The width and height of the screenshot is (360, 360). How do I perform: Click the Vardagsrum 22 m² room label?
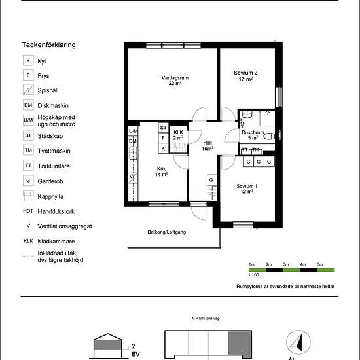point(175,81)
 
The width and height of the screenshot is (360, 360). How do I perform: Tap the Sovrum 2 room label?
point(245,76)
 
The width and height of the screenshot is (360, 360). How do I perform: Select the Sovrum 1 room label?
point(247,189)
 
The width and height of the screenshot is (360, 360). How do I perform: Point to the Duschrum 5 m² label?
point(253,135)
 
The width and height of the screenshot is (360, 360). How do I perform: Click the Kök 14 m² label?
point(161,171)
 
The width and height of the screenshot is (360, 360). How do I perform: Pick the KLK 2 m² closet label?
point(178,135)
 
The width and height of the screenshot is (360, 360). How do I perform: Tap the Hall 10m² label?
point(207,146)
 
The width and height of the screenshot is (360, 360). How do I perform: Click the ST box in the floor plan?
point(163,128)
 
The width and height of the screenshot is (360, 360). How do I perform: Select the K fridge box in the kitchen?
point(163,149)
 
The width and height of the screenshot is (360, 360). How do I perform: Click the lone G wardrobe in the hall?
point(211,180)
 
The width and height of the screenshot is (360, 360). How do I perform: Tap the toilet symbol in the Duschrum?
point(269,137)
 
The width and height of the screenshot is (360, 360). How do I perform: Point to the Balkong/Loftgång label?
point(167,232)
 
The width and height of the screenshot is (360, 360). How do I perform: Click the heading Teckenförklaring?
point(48,45)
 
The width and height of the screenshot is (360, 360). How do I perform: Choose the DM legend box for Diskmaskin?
point(28,105)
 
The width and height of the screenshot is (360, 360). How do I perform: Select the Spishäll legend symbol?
point(28,90)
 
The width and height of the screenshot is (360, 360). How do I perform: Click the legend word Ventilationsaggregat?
point(65,226)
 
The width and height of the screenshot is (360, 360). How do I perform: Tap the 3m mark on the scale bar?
point(286,264)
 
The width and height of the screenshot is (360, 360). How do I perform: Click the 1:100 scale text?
point(253,275)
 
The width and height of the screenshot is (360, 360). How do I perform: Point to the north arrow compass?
point(298,342)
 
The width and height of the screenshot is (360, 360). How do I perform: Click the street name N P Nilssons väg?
point(206,319)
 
